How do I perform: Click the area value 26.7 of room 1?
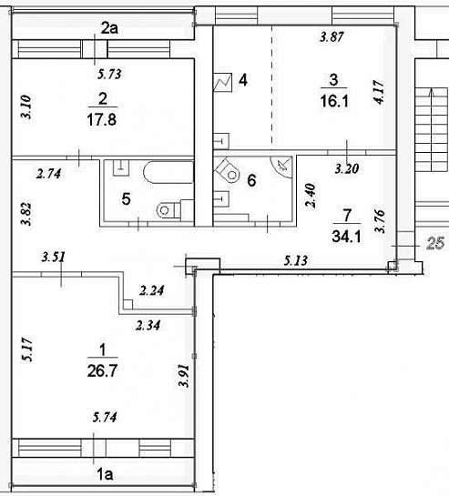102,370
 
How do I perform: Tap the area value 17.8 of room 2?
102,120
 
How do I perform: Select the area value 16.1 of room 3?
334,101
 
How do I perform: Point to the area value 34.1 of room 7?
346,236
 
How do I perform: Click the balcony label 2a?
109,28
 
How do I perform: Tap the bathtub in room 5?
168,172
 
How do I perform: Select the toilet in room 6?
228,170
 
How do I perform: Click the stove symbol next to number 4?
223,83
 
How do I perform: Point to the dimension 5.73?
109,74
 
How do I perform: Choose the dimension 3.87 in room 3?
332,36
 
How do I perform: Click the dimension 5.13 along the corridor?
295,260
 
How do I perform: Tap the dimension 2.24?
152,290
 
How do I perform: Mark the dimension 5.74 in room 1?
105,417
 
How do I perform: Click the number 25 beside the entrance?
435,243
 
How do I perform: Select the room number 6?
251,180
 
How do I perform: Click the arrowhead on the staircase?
432,92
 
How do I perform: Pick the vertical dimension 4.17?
379,92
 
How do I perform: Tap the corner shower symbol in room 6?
281,167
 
